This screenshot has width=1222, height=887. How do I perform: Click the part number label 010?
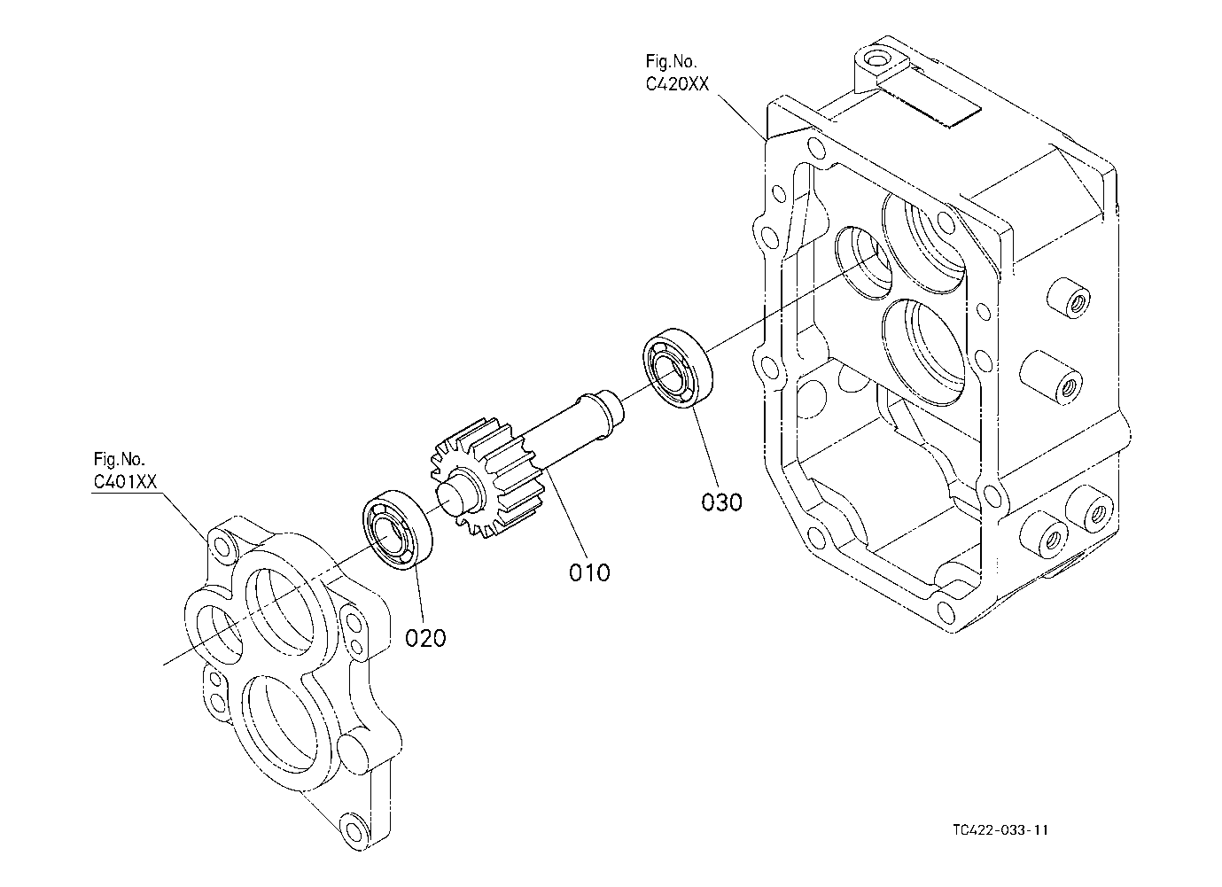(589, 572)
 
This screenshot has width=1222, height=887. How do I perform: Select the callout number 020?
(425, 638)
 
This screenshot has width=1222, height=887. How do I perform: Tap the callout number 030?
(721, 502)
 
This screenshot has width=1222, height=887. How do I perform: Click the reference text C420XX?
(677, 84)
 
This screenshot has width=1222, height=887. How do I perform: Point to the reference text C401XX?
(126, 482)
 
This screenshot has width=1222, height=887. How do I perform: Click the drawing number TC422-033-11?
(1000, 830)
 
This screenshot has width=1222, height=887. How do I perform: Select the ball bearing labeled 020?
(398, 530)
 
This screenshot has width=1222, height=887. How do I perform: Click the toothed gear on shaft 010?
(488, 479)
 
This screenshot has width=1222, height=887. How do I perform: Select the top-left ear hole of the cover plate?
(223, 546)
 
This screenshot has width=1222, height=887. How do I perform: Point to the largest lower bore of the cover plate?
(278, 725)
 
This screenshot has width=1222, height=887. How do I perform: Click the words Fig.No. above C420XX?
(671, 60)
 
